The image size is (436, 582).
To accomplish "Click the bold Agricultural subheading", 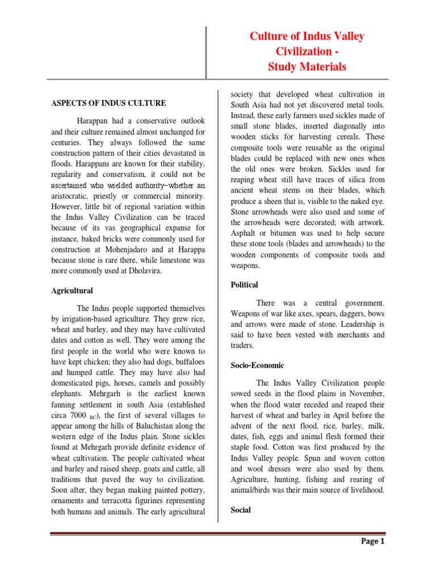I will click(x=73, y=290).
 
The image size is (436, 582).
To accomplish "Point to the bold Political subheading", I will click(x=244, y=284).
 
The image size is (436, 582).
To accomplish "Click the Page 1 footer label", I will click(x=372, y=541).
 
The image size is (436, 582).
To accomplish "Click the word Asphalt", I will click(x=245, y=234).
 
